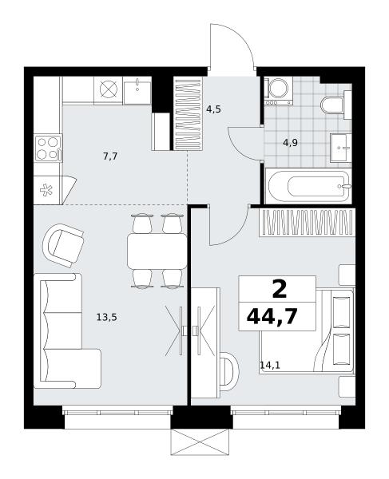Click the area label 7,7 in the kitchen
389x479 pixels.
point(110,156)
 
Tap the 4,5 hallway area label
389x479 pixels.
point(213,109)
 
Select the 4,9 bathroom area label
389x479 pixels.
point(290,142)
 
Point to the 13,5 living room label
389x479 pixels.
point(107,318)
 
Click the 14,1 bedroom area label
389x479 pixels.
point(270,365)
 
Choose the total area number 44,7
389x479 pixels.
point(272,317)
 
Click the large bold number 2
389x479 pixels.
point(280,289)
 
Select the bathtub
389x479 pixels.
point(308,186)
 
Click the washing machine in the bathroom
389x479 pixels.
point(279,90)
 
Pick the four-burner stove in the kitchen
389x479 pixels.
point(48,148)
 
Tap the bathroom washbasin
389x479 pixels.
point(341,148)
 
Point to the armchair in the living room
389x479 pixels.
point(63,245)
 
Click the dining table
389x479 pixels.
point(157,251)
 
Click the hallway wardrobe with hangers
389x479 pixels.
point(188,113)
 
